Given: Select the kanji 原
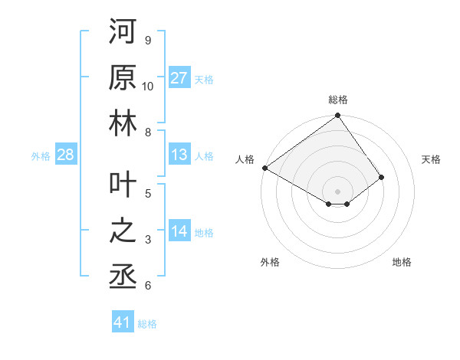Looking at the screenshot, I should [x=123, y=77].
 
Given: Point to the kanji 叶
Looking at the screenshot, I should [x=123, y=184].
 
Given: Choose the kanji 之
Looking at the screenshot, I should [x=123, y=231].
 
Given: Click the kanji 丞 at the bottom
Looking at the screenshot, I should [x=123, y=277].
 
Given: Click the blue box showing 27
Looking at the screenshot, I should [x=179, y=78].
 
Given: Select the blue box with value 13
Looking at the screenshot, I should [x=179, y=155].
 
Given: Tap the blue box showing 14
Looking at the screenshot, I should [x=179, y=232].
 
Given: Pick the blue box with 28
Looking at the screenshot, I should [x=65, y=155].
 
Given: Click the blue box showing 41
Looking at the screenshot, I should [x=123, y=322].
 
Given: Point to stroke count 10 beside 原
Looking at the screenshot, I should [x=148, y=86].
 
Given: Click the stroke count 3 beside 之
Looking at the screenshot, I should [x=148, y=240].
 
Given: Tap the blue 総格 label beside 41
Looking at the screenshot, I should [x=147, y=324].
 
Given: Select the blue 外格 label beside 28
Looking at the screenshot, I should [x=41, y=156].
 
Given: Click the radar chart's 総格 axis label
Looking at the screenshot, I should [x=337, y=100].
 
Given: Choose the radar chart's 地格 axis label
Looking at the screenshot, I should [x=402, y=262].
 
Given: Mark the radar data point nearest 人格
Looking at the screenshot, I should [x=264, y=168].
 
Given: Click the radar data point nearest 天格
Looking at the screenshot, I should [x=381, y=177].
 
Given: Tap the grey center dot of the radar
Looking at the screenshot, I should [x=337, y=191].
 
